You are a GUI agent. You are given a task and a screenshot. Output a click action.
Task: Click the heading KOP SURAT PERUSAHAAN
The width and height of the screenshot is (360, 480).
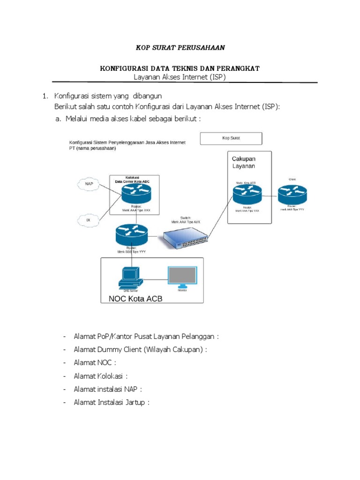point(180,48)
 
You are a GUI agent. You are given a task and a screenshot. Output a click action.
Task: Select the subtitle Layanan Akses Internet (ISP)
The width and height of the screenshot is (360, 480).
point(180,77)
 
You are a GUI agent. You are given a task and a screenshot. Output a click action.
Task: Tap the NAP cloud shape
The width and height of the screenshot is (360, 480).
point(89,184)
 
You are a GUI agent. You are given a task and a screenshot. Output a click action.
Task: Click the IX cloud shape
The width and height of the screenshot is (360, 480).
point(88,219)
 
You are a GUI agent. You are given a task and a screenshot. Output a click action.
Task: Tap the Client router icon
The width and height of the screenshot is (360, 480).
point(292,194)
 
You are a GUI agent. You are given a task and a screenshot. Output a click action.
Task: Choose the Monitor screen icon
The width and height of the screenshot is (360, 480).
point(182,277)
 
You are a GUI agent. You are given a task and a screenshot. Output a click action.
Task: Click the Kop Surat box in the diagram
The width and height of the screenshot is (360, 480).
point(231,139)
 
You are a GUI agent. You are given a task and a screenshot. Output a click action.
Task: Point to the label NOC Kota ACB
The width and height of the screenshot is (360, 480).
point(135,299)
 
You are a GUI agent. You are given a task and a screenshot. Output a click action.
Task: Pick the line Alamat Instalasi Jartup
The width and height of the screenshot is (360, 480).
point(111,402)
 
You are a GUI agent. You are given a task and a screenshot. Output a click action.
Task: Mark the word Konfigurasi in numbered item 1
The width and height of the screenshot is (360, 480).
point(73,97)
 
